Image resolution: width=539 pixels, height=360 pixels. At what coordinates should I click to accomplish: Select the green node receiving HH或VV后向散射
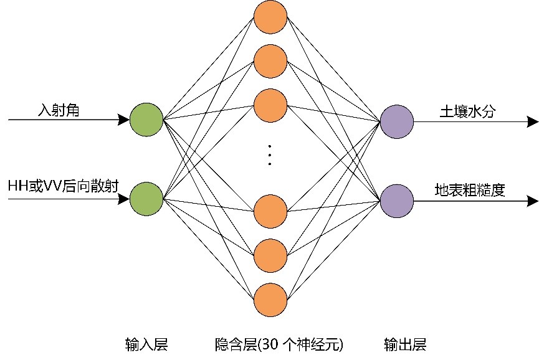tap(146, 199)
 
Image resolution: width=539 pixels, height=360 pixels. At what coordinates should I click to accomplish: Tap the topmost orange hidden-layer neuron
tap(270, 16)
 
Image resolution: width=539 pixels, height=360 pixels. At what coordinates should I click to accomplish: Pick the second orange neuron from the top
tap(270, 60)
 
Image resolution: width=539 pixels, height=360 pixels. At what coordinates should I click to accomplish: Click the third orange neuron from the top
tap(270, 105)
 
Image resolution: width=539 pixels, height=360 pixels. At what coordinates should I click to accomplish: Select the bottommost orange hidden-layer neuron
tap(270, 300)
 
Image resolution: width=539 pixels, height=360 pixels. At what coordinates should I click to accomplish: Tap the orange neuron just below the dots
tap(270, 211)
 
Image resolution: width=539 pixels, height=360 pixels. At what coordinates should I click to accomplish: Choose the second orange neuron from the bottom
tap(270, 255)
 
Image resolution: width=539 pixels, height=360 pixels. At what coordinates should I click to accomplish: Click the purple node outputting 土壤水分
tap(397, 121)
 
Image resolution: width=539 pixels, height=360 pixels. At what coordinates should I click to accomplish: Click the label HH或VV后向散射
tap(62, 186)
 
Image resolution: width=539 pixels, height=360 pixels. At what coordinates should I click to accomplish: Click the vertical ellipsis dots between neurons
tap(270, 155)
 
